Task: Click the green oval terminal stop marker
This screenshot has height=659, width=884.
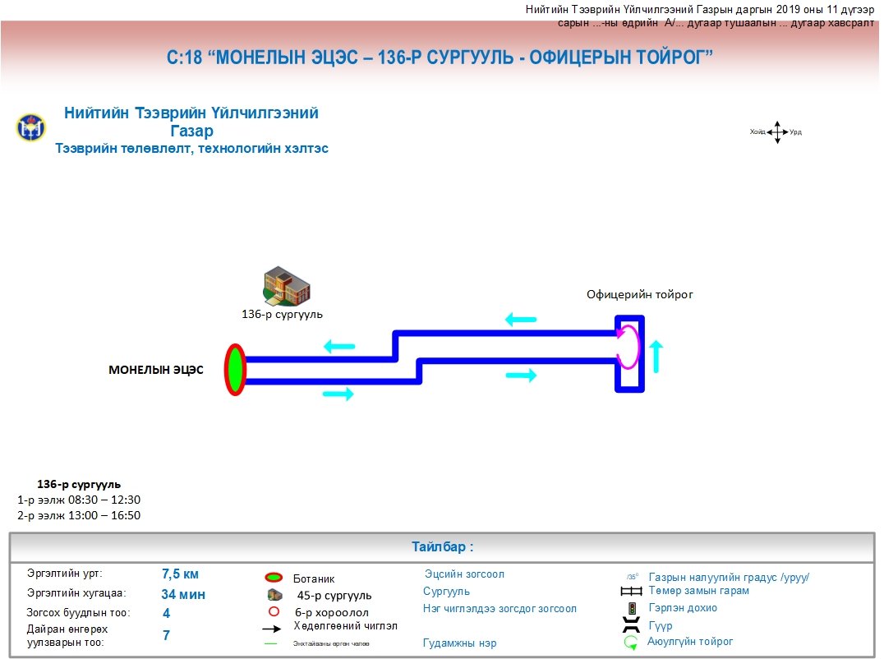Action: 236,370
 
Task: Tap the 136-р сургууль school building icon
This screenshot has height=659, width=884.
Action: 286,285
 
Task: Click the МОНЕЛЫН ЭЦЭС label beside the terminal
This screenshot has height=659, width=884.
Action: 156,370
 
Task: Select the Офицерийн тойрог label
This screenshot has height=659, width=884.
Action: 639,294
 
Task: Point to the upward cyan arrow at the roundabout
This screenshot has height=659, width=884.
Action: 656,354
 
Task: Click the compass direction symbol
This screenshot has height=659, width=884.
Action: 776,132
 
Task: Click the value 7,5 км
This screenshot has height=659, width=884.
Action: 180,574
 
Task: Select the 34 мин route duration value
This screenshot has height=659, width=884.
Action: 183,594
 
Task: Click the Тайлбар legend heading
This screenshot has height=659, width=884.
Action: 442,547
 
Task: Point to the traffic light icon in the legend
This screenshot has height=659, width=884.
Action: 632,609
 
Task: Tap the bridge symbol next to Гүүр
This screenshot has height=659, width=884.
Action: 631,625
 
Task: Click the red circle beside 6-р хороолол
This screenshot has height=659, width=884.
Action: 275,611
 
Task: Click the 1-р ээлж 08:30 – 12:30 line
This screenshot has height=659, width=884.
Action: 79,500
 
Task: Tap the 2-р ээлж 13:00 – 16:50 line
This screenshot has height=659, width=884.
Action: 79,515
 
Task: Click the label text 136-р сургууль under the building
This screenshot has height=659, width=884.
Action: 282,314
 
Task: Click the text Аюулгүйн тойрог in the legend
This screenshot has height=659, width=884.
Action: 690,642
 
